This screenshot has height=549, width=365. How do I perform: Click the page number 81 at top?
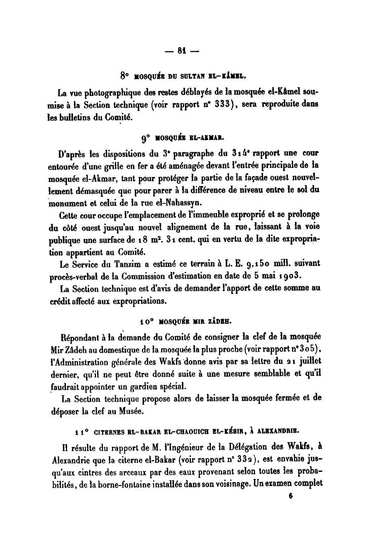[x=182, y=50]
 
